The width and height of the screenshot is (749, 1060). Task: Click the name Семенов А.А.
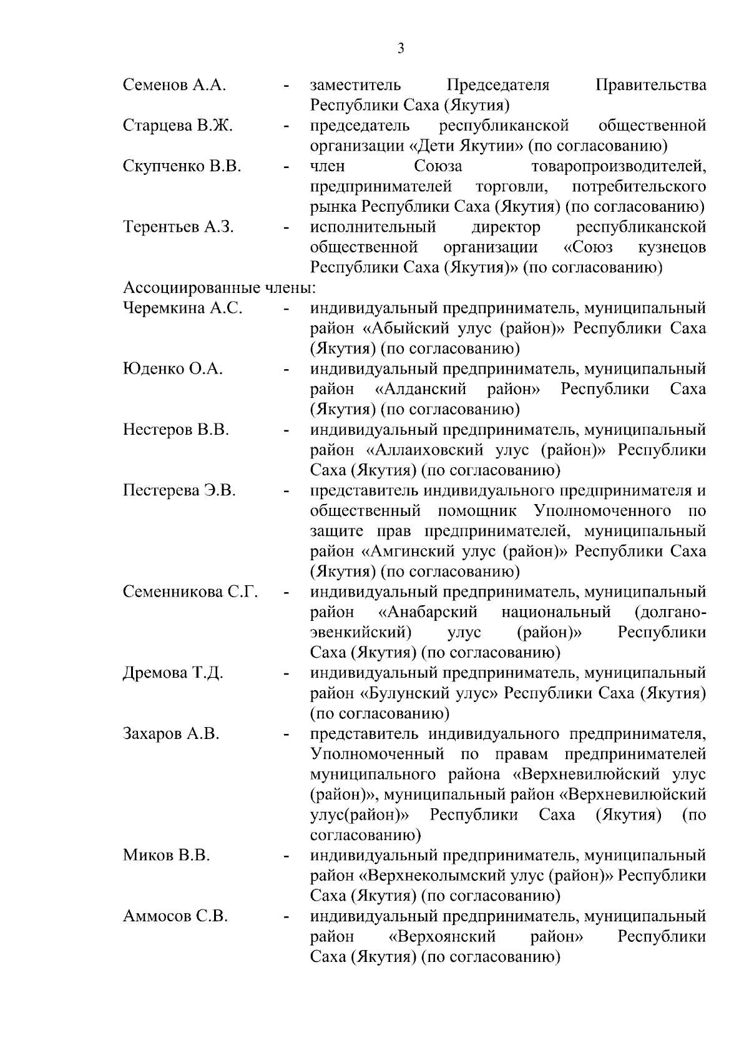coord(174,85)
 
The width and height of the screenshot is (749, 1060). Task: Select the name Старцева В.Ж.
coord(178,126)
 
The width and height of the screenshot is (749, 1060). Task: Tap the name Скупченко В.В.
coord(182,166)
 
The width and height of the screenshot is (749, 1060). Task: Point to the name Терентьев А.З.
coord(179,227)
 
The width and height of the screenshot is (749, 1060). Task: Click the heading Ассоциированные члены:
coord(220,288)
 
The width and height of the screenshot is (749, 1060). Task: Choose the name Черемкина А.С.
coord(183,308)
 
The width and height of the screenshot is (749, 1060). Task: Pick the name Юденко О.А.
coord(173,369)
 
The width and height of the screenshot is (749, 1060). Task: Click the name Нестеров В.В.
coord(176,430)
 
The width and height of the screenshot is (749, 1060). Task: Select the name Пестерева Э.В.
coord(180,490)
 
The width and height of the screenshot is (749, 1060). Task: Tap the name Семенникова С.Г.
coord(190,592)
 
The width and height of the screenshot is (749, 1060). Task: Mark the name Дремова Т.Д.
coord(173,673)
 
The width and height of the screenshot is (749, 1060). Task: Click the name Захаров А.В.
coord(171,733)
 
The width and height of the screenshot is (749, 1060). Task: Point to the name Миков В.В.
coord(167,855)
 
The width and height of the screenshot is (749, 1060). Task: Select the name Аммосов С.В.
coord(175,916)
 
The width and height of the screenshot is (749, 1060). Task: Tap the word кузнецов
coord(672,247)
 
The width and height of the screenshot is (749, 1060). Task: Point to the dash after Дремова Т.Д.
coord(286,675)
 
